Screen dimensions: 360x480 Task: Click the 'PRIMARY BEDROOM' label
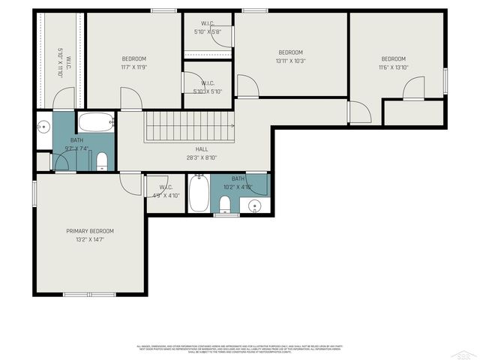tap(90, 231)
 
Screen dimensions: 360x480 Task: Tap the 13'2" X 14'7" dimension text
tap(90, 240)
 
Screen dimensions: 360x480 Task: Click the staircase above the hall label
tap(190, 126)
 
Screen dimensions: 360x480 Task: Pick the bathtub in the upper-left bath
tap(96, 121)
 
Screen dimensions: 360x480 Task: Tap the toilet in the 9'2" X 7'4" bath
tap(103, 161)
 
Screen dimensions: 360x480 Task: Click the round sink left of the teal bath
tap(43, 125)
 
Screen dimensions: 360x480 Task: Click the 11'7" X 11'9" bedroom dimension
tap(134, 67)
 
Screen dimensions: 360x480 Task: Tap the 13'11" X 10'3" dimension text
tap(290, 61)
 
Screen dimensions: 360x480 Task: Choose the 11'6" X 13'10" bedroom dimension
tap(393, 67)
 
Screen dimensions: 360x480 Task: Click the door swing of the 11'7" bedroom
tap(130, 98)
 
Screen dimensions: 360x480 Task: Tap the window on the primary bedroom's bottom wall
tap(100, 295)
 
